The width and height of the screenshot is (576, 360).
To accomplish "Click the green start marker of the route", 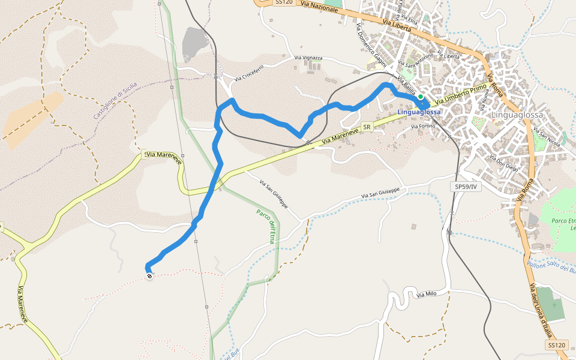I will [421, 97].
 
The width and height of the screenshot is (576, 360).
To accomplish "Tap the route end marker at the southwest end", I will [149, 276].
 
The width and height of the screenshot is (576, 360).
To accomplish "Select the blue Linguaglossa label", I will [419, 112].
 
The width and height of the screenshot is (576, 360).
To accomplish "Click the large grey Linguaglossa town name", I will [517, 115].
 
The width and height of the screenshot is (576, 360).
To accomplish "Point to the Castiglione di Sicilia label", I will [115, 100].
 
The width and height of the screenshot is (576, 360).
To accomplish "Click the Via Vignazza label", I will [308, 58].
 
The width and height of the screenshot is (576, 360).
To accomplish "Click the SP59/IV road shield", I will [466, 187].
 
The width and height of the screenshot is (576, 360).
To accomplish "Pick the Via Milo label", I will [425, 295].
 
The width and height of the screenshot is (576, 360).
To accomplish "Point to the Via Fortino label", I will [422, 127].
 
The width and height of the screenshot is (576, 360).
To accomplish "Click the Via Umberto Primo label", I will [462, 95].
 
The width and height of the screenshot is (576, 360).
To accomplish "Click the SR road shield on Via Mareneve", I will [367, 127].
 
